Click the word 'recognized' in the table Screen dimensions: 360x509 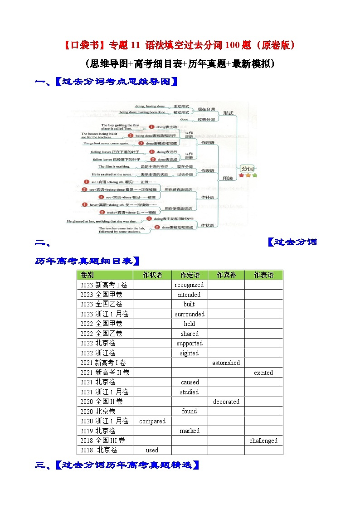click(189, 285)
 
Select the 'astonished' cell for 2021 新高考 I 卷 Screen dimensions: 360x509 click(226, 363)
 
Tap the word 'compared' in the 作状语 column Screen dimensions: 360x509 click(152, 421)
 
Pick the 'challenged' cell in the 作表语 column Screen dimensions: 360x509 click(263, 441)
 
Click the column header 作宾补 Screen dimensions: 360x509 click(226, 275)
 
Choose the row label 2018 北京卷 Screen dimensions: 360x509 click(99, 450)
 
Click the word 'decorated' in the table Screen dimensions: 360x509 click(226, 402)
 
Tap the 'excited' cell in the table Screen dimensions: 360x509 click(263, 373)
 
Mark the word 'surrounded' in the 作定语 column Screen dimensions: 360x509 click(190, 314)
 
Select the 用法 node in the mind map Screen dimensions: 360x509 click(228, 179)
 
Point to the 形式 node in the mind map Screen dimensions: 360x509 click(228, 113)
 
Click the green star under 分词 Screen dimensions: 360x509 click(254, 175)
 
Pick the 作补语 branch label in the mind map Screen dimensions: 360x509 click(208, 197)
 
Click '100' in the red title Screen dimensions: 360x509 click(211, 45)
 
